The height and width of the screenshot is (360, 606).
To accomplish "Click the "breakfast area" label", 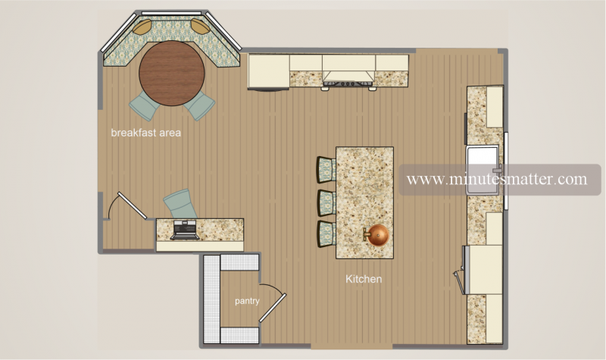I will pos(145,133).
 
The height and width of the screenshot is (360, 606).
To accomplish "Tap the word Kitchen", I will pos(364,279).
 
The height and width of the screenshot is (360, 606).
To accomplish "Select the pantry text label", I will pos(247,301).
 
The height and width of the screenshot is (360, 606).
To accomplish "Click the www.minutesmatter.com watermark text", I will pos(496,180).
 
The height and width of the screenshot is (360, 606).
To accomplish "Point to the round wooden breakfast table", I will pos(172,73).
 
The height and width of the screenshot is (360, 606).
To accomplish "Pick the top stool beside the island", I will pos(326,168).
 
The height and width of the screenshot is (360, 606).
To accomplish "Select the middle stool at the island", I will pos(326,202).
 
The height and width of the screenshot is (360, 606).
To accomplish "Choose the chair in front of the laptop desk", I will pos(180,203).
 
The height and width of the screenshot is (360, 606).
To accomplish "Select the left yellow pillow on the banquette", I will pos(142,27).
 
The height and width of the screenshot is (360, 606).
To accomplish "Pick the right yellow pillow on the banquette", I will pos(199,27).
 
